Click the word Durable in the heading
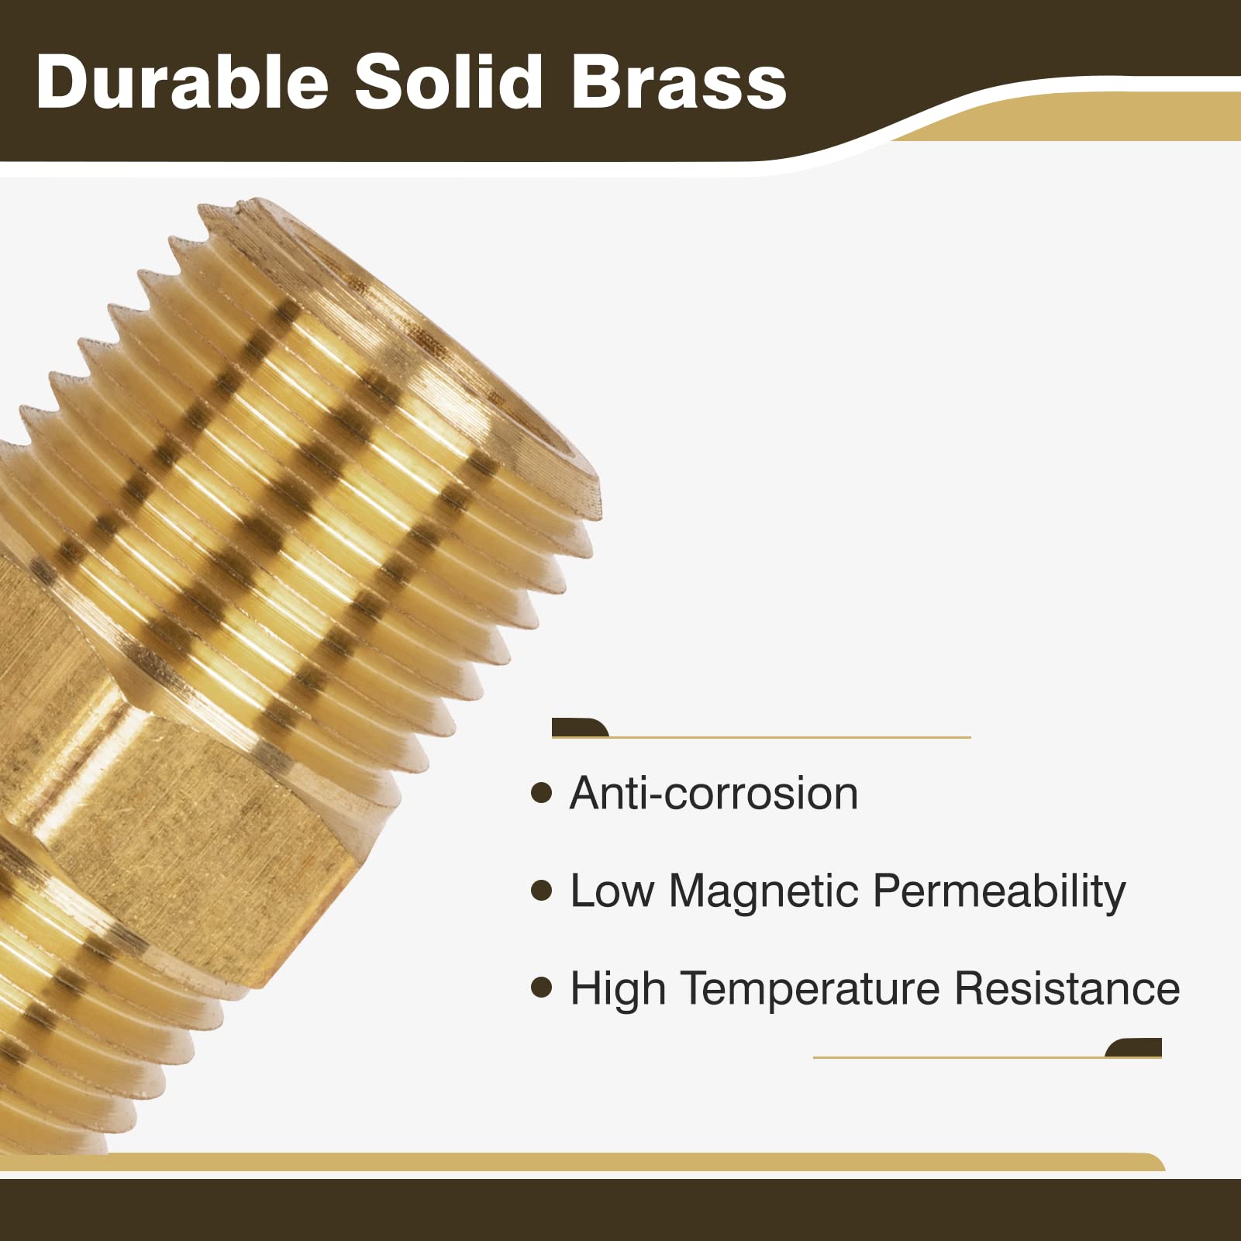(182, 82)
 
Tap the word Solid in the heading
(449, 82)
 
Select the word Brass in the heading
(679, 82)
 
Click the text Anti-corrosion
(714, 793)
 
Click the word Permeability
(999, 891)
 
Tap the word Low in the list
(612, 891)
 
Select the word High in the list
(618, 989)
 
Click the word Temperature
(810, 989)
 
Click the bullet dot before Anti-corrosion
(541, 793)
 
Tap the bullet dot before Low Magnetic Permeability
(541, 891)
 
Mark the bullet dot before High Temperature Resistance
(541, 988)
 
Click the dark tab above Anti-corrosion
(577, 728)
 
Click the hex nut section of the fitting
(194, 822)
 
